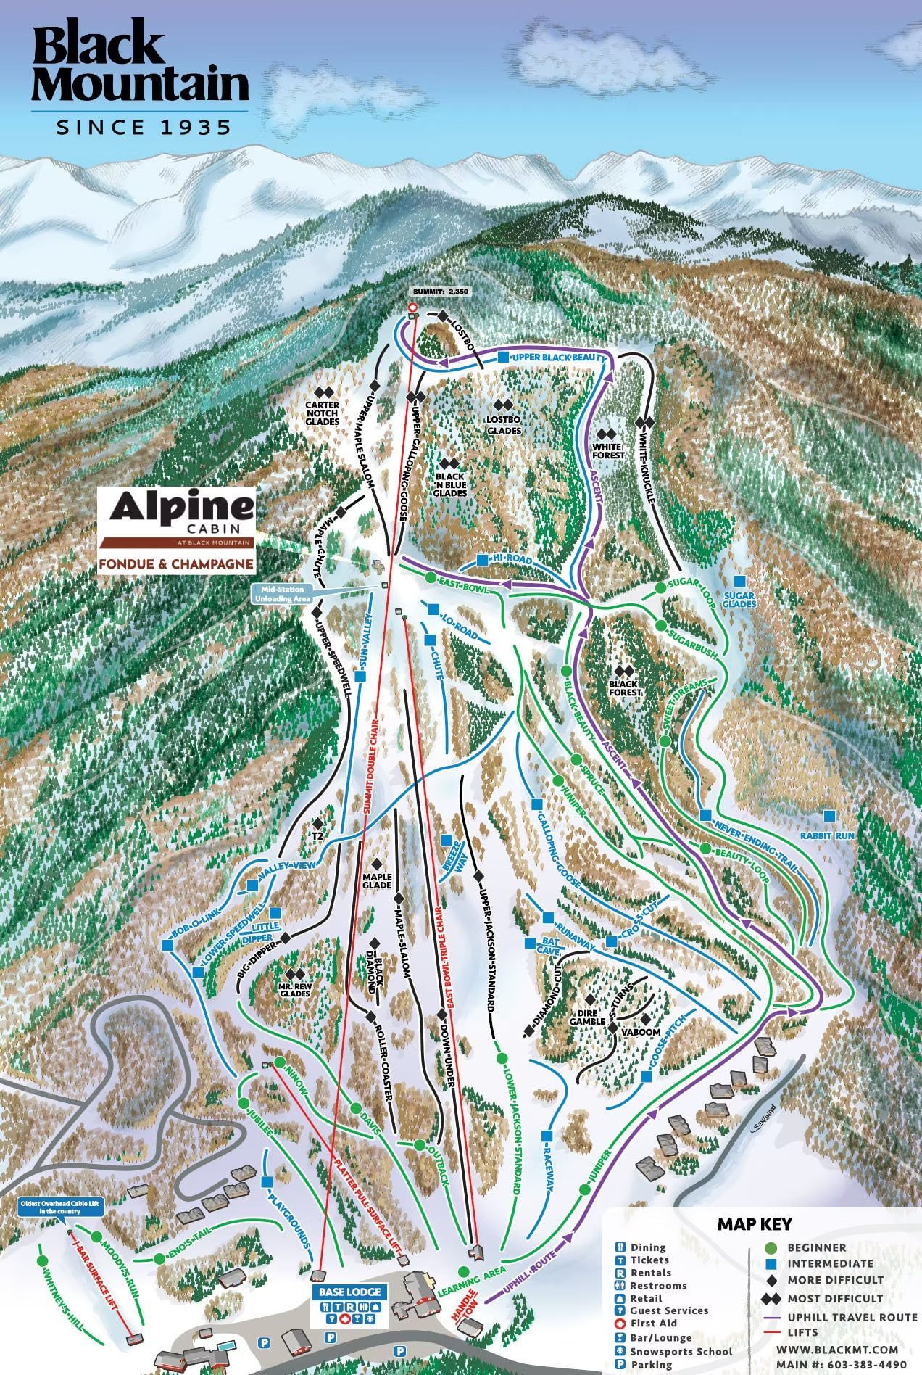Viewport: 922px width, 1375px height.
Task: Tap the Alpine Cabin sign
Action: click(177, 533)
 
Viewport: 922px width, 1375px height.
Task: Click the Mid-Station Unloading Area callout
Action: click(282, 594)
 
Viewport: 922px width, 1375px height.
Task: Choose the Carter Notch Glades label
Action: click(323, 413)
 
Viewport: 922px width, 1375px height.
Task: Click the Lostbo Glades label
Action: click(504, 425)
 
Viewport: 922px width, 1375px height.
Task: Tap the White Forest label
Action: click(607, 451)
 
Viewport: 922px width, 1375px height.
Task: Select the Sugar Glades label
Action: click(739, 599)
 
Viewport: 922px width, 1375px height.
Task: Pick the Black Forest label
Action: click(624, 688)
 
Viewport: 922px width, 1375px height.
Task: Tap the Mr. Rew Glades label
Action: click(294, 989)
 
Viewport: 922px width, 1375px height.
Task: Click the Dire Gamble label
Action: click(587, 1017)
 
